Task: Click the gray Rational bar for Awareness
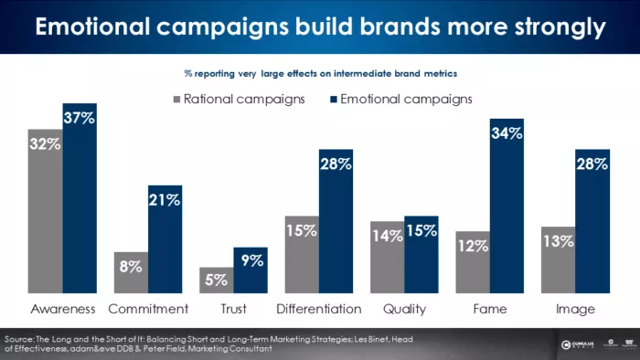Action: (45, 219)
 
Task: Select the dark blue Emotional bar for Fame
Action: (506, 219)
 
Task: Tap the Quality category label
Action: (403, 309)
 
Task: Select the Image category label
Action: (575, 309)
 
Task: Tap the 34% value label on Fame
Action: (506, 134)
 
